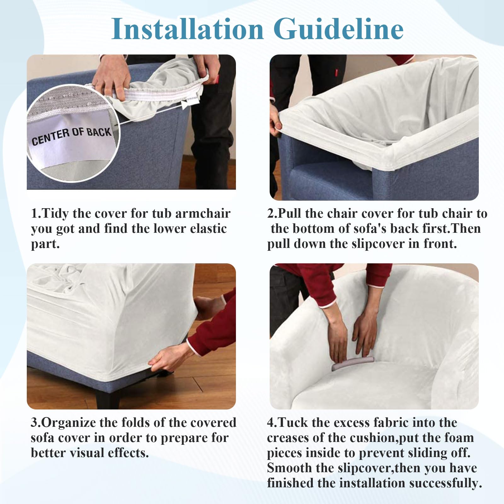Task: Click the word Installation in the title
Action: pos(187,29)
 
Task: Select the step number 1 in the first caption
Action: pos(34,214)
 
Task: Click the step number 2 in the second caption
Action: pos(271,214)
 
